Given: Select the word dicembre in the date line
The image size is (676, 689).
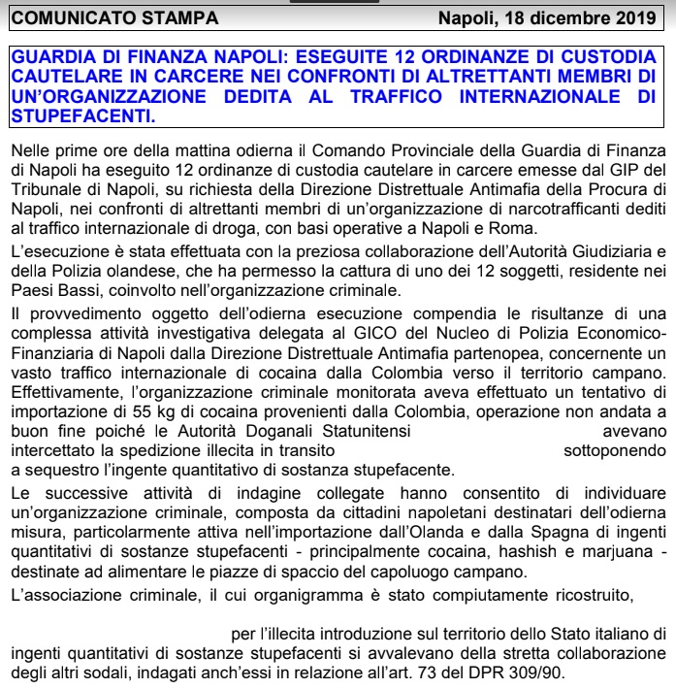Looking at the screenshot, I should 566,18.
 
